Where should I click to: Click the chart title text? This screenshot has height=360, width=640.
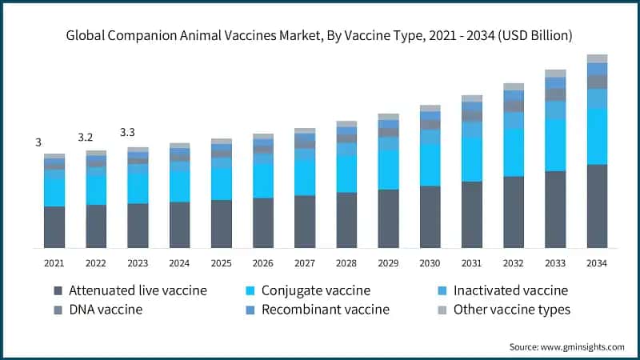pyautogui.click(x=320, y=36)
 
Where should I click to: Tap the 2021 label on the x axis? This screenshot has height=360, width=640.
pyautogui.click(x=54, y=263)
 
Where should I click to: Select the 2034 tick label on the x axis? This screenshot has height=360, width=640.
pyautogui.click(x=597, y=263)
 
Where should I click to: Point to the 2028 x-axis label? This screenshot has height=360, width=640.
pyautogui.click(x=346, y=263)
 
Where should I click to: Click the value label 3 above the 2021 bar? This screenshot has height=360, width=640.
pyautogui.click(x=38, y=142)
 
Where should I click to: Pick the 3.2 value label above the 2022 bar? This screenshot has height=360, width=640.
pyautogui.click(x=86, y=138)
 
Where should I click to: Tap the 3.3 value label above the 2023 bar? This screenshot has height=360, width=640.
pyautogui.click(x=128, y=132)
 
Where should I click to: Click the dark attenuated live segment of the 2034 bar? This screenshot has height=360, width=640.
pyautogui.click(x=597, y=206)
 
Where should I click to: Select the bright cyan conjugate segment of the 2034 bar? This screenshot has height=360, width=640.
pyautogui.click(x=597, y=137)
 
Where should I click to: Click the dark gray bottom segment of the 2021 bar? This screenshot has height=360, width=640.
pyautogui.click(x=54, y=226)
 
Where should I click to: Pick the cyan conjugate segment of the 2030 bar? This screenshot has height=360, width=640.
pyautogui.click(x=430, y=166)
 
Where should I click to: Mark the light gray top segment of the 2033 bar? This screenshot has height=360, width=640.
pyautogui.click(x=555, y=73)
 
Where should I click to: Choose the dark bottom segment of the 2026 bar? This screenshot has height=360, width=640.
pyautogui.click(x=262, y=222)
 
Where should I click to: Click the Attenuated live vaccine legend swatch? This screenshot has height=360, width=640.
pyautogui.click(x=57, y=291)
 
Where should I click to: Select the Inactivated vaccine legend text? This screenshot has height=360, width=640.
pyautogui.click(x=510, y=291)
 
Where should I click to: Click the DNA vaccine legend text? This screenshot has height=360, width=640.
pyautogui.click(x=106, y=310)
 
